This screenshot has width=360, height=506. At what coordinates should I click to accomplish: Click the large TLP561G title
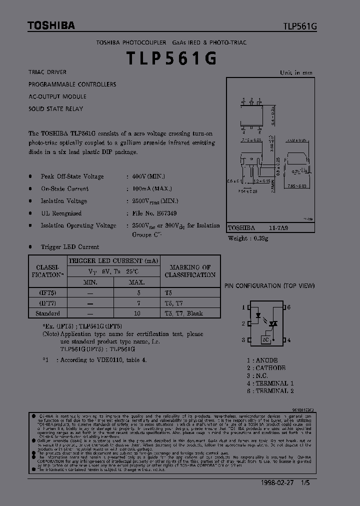click(x=171, y=58)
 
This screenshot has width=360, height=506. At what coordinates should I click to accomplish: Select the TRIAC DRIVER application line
click(x=47, y=72)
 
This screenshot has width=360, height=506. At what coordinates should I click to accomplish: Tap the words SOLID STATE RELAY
click(x=55, y=108)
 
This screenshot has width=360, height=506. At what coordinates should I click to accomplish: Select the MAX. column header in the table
click(x=136, y=282)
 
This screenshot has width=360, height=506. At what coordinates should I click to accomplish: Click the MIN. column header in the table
click(x=90, y=282)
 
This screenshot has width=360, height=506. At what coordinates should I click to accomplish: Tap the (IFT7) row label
click(x=47, y=303)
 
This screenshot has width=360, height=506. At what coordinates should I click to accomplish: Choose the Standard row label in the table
click(x=47, y=313)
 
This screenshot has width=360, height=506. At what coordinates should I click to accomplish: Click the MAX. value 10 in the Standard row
click(x=136, y=313)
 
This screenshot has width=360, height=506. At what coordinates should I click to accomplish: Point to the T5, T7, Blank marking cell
click(x=183, y=313)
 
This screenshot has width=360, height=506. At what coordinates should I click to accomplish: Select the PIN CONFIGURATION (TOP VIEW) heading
click(x=269, y=286)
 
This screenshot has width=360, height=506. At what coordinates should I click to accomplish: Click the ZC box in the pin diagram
click(x=265, y=339)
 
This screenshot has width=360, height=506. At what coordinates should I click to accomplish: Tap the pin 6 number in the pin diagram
click(x=288, y=307)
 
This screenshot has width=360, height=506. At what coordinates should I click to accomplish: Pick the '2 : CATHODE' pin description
click(x=266, y=368)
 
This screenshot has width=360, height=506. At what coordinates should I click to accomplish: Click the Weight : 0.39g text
click(x=248, y=238)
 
